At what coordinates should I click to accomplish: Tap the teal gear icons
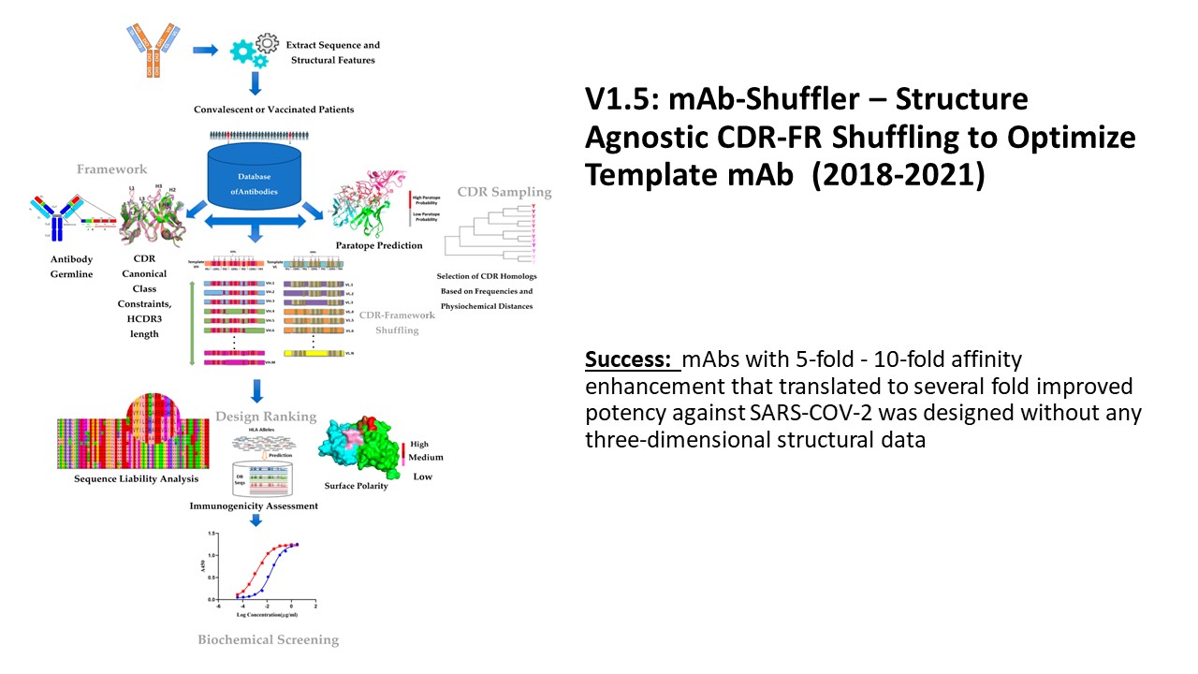click(x=247, y=50)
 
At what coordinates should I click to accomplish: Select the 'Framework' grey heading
click(x=113, y=169)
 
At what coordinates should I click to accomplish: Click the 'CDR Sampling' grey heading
click(x=504, y=192)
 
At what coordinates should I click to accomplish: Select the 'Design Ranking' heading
click(x=267, y=416)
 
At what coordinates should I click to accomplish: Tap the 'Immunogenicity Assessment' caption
click(x=255, y=505)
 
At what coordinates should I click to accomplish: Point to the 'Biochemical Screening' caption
click(x=268, y=640)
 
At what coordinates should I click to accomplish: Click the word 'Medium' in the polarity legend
click(x=425, y=458)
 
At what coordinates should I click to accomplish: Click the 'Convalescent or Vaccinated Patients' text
click(x=274, y=110)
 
